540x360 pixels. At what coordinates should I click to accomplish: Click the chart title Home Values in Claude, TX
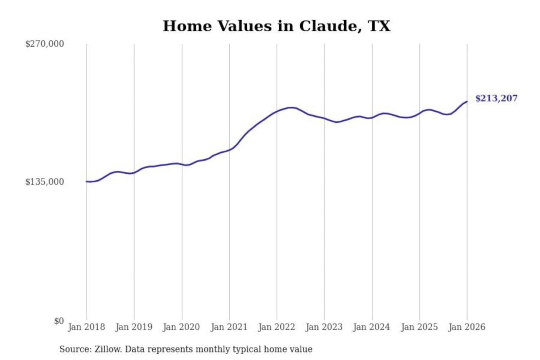[276, 26]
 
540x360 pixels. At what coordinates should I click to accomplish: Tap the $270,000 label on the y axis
[44, 44]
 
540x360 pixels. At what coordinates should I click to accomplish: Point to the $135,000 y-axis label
[44, 182]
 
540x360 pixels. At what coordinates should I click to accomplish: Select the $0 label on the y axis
[59, 321]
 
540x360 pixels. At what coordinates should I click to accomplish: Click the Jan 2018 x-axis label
[86, 327]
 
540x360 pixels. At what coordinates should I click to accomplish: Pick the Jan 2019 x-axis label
[134, 327]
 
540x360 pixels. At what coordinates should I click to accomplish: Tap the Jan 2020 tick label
[181, 327]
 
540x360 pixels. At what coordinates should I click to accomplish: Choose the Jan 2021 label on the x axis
[229, 327]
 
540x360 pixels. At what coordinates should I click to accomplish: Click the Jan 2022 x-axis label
[277, 327]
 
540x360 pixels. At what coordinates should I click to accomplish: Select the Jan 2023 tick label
[324, 327]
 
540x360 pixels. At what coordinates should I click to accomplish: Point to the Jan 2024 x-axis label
[372, 327]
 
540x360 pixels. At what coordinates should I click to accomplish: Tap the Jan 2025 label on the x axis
[419, 327]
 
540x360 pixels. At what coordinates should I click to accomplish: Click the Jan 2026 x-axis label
[467, 327]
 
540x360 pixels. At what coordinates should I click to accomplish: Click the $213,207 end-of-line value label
[496, 98]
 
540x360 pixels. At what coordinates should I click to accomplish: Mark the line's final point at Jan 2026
[467, 102]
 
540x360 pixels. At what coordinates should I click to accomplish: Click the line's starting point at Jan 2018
[87, 181]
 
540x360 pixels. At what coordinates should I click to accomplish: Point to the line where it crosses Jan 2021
[229, 150]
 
